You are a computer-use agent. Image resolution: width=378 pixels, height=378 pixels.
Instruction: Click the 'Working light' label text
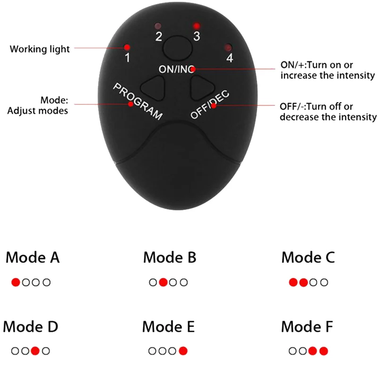pos(40,49)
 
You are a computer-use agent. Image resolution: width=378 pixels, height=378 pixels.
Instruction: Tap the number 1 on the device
pos(127,58)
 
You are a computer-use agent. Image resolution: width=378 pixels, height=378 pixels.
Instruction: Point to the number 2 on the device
pos(159,36)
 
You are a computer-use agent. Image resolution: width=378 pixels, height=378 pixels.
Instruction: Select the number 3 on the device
pos(197,36)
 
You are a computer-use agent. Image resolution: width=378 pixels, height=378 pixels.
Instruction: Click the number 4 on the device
pos(230,58)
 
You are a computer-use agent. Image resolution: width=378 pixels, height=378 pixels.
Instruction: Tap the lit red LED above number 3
pos(196,26)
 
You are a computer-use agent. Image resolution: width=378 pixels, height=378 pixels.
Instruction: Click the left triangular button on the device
pos(154,87)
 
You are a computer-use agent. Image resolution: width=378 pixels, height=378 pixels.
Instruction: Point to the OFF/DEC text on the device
pos(210,104)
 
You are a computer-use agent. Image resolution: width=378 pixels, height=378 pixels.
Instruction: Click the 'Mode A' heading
pos(33,258)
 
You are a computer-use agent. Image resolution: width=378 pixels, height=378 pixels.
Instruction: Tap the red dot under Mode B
pos(163,283)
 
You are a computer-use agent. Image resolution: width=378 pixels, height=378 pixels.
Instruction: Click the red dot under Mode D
pos(35,351)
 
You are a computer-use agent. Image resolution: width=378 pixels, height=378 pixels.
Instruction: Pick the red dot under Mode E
pos(183,351)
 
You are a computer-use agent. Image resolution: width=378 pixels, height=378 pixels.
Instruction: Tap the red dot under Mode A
pos(16,283)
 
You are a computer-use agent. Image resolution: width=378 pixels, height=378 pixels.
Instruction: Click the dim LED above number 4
pos(228,47)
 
